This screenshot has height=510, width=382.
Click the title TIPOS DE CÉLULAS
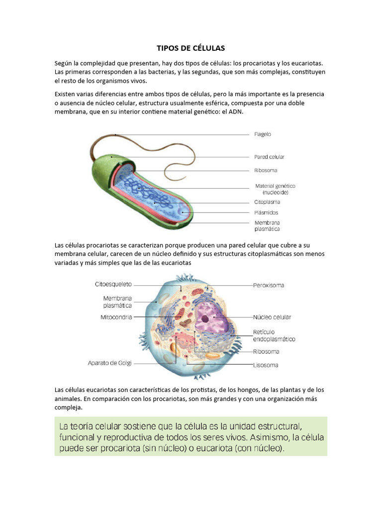pos(191,48)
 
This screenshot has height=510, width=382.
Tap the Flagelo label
pos(263,134)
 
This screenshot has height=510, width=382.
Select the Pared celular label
pos(269,157)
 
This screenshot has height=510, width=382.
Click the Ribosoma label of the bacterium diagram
pos(266,170)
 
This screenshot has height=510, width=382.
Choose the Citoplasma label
pos(267,202)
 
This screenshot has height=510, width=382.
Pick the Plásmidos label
pos(267,212)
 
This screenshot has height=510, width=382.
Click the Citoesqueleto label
pos(113,284)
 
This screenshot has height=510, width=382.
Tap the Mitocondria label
pos(115,317)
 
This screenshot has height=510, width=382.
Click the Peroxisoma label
pos(269,285)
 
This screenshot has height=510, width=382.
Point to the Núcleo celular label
pos(272,317)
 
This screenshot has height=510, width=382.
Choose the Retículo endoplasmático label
pos(274,335)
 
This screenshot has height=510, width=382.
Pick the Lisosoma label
pos(266,365)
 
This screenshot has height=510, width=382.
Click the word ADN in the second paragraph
pos(236,112)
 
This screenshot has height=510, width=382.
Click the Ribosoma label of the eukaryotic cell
pos(266,352)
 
